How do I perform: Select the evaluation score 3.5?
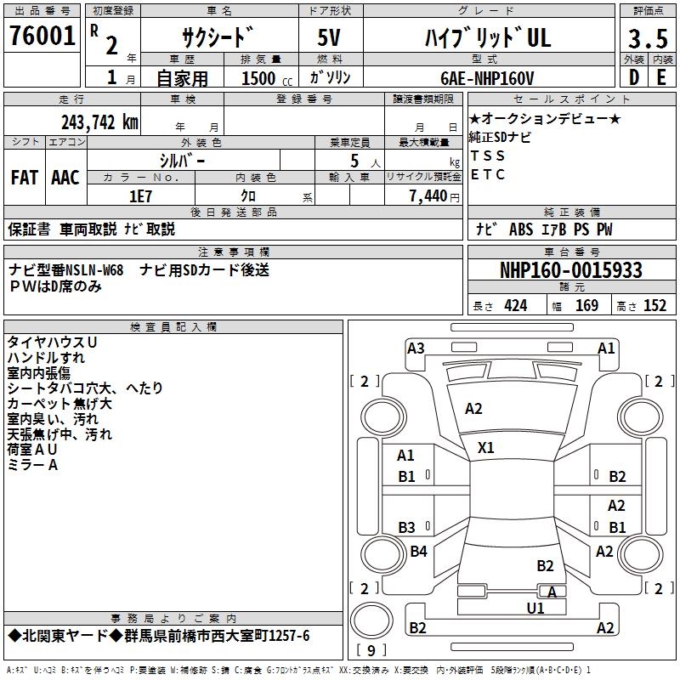click(x=647, y=39)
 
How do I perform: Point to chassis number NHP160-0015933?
click(x=570, y=270)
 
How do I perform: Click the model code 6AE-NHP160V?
click(x=488, y=78)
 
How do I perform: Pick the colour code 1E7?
click(x=140, y=195)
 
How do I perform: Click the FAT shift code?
click(x=24, y=178)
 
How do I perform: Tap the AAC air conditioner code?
click(x=65, y=178)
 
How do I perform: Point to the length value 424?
click(x=515, y=306)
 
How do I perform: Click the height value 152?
click(x=654, y=306)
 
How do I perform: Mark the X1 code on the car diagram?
click(x=486, y=447)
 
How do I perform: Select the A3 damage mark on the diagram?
click(x=416, y=348)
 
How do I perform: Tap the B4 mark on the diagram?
click(x=418, y=552)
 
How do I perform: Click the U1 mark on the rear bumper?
click(x=535, y=608)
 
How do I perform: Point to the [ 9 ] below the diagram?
click(x=371, y=651)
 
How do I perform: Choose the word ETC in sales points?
click(x=488, y=175)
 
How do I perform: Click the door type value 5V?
click(x=331, y=37)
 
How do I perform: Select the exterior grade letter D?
click(x=633, y=77)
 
